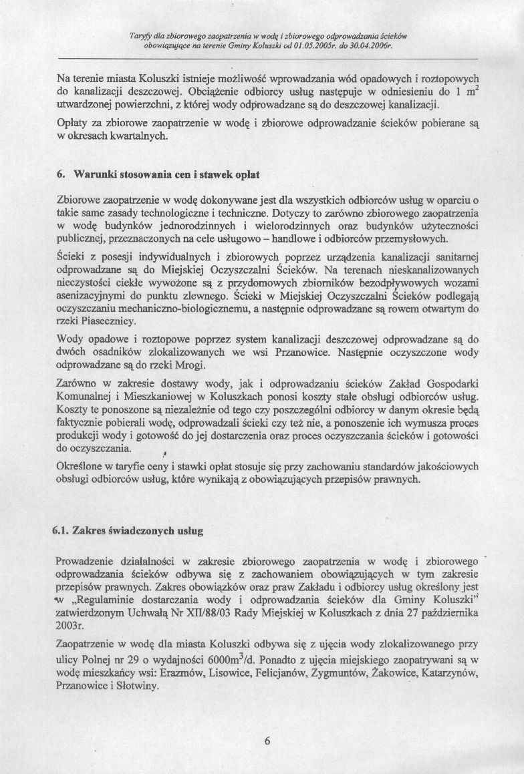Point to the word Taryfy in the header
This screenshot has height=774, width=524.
(x=142, y=33)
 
